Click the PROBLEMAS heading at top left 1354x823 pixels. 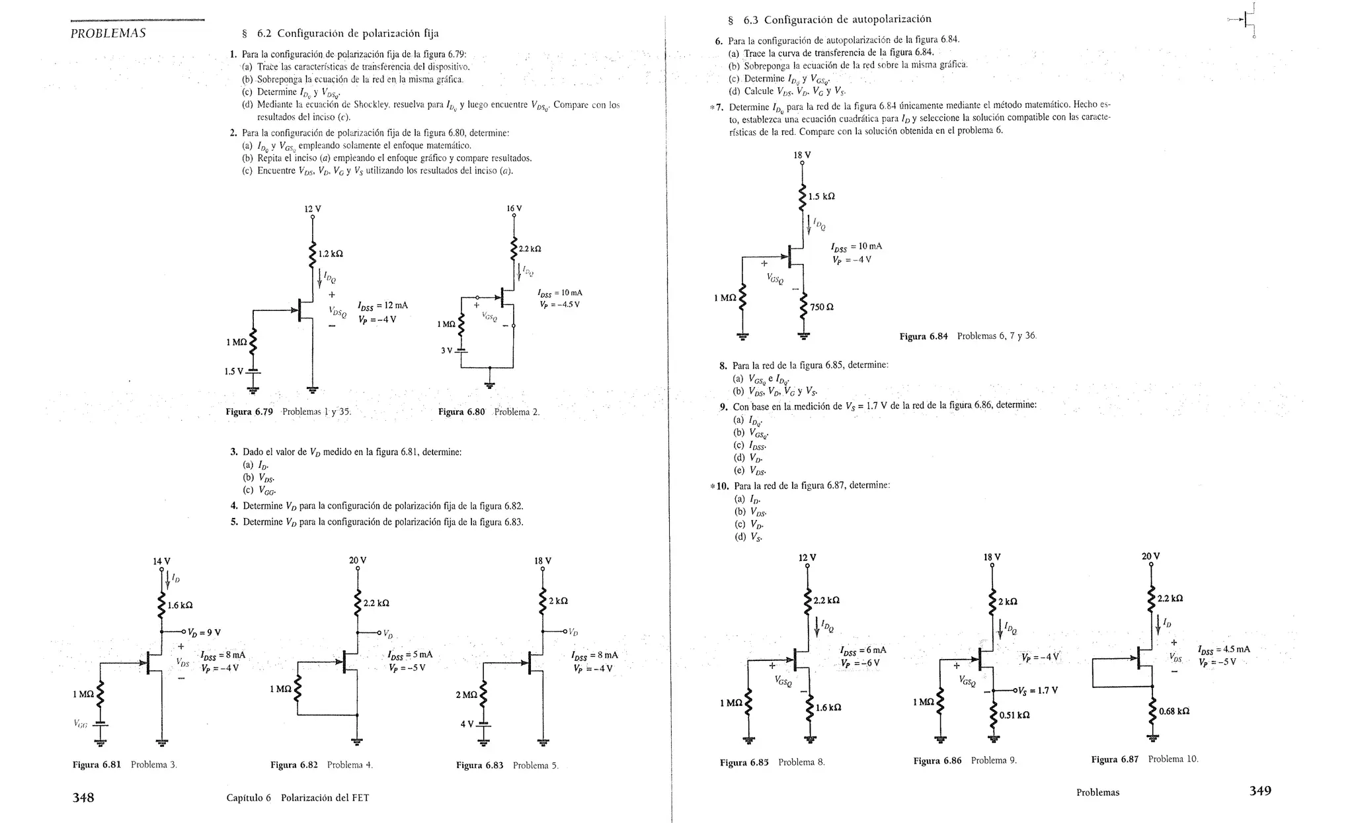click(108, 34)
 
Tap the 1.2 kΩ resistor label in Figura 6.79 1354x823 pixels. click(331, 254)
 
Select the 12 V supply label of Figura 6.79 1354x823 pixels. click(313, 209)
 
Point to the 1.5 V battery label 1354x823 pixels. click(234, 371)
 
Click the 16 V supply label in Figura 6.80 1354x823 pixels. click(514, 208)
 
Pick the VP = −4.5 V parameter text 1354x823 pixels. click(560, 305)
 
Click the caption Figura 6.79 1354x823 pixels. click(249, 412)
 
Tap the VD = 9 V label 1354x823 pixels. click(204, 632)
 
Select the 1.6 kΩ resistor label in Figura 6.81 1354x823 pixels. click(180, 605)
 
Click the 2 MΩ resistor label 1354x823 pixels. click(466, 695)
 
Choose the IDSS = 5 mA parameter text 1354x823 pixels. click(411, 655)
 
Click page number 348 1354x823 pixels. click(83, 797)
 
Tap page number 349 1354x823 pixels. click(1260, 791)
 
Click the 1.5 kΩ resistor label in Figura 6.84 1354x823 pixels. click(822, 196)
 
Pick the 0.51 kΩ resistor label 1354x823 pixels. click(1014, 715)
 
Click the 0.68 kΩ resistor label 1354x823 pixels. click(1174, 711)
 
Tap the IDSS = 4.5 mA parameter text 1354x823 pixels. click(1224, 649)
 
